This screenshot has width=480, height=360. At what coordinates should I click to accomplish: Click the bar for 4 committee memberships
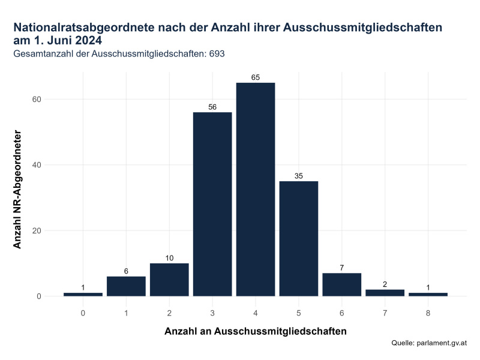pos(256,189)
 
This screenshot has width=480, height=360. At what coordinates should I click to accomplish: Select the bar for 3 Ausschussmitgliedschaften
pos(212,204)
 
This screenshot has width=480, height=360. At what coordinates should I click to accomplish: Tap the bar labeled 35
pos(299,238)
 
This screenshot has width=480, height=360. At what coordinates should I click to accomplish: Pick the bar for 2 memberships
pos(169,280)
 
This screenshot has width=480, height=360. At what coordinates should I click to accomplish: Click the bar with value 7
pos(341,284)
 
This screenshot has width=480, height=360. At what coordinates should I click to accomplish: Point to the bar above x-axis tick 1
pos(126,286)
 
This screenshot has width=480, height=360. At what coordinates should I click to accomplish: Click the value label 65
pos(256,77)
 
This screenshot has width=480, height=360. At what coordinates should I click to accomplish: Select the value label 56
pos(212,107)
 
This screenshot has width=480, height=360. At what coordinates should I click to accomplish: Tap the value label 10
pos(169,258)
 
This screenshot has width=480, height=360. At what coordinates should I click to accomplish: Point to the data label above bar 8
pos(428,288)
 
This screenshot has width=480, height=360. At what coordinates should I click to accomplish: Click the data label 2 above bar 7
pos(385,284)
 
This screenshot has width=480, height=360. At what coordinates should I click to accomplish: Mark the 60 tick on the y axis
pos(52,100)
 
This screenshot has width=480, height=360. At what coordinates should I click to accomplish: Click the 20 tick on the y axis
pos(52,231)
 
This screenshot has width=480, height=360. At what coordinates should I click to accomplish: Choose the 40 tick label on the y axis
pos(52,165)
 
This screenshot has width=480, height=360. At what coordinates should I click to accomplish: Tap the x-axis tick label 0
pos(83,313)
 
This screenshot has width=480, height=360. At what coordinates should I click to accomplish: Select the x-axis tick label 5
pos(299,313)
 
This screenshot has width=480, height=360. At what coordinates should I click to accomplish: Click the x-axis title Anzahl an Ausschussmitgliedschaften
pos(256,331)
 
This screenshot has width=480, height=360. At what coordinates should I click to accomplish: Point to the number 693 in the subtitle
pos(216,54)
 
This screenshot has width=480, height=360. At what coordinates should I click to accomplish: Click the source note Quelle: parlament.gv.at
pos(428,343)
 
